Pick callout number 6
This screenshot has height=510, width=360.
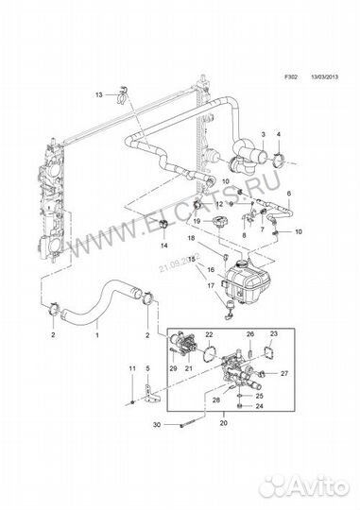(290, 195)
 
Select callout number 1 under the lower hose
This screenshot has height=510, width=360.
(97, 334)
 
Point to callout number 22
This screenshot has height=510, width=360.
(210, 335)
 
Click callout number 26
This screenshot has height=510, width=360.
(250, 335)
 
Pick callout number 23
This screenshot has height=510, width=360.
(273, 335)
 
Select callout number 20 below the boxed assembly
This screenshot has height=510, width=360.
(223, 425)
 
